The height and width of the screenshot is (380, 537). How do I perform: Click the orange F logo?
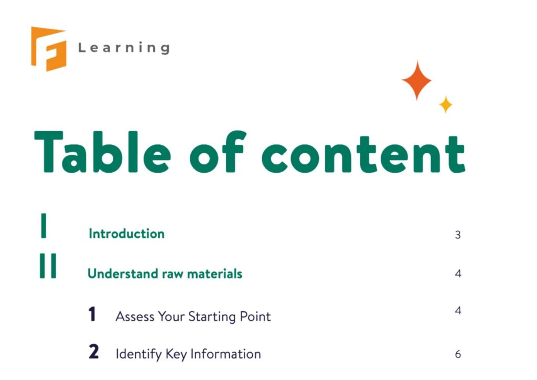click(x=48, y=48)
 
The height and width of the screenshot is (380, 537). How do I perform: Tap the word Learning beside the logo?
click(x=124, y=48)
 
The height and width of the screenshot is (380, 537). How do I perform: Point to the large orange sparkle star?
click(x=417, y=80)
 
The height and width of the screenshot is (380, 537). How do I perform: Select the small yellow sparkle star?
click(x=445, y=104)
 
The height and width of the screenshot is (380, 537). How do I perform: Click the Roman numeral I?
click(x=44, y=226)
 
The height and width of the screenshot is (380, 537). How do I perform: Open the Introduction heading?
click(x=126, y=234)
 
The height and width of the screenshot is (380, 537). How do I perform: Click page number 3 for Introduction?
click(x=458, y=235)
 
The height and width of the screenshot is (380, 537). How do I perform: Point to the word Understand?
click(x=116, y=273)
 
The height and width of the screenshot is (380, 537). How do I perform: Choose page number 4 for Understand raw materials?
click(x=458, y=273)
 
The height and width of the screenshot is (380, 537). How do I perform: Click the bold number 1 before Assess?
click(x=92, y=315)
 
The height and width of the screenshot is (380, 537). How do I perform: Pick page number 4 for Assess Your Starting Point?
click(x=458, y=311)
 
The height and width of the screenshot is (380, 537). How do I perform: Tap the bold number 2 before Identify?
click(x=93, y=352)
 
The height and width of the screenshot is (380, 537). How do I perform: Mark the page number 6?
click(x=458, y=354)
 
